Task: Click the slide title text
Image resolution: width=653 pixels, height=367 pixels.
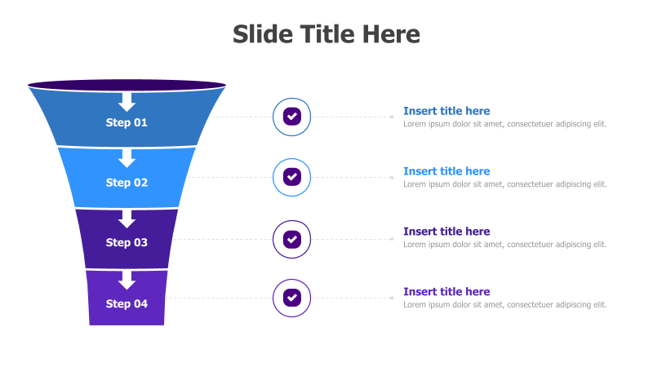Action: (326, 34)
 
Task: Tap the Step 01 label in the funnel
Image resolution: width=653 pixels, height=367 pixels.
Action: (127, 122)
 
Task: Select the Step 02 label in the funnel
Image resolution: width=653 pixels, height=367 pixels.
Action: (127, 183)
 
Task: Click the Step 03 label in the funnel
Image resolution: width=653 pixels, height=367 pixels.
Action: (127, 242)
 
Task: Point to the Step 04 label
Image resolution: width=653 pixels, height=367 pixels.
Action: (127, 303)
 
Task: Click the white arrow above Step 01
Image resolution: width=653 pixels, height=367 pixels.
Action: (127, 102)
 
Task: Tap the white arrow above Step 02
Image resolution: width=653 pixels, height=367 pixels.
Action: (127, 158)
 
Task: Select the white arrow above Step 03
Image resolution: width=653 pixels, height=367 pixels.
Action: (127, 219)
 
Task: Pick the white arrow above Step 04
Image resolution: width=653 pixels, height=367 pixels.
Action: (127, 280)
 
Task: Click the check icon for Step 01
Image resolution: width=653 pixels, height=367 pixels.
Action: (291, 117)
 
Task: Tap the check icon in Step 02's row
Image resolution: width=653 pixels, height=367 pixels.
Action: (291, 177)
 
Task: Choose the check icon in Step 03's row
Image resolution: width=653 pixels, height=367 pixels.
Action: (291, 239)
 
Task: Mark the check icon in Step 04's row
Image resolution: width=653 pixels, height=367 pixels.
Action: (291, 298)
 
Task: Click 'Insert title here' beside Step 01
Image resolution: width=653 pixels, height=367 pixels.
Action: (446, 111)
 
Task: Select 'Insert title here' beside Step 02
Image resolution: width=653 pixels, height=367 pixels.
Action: (446, 171)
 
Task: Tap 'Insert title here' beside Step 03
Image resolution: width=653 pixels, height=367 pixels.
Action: (446, 232)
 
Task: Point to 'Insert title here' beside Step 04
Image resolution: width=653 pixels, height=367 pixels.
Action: (446, 292)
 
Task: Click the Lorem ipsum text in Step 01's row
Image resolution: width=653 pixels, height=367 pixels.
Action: (504, 124)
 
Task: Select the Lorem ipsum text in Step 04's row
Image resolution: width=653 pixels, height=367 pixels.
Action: (504, 304)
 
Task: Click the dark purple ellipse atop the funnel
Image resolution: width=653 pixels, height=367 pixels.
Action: (127, 85)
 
